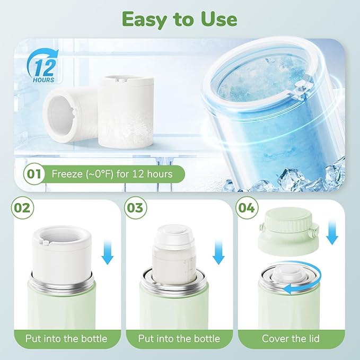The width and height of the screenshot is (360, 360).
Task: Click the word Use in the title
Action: (215, 19)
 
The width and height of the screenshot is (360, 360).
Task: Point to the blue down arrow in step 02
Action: (108, 252)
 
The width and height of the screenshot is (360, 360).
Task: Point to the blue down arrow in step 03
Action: (218, 252)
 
